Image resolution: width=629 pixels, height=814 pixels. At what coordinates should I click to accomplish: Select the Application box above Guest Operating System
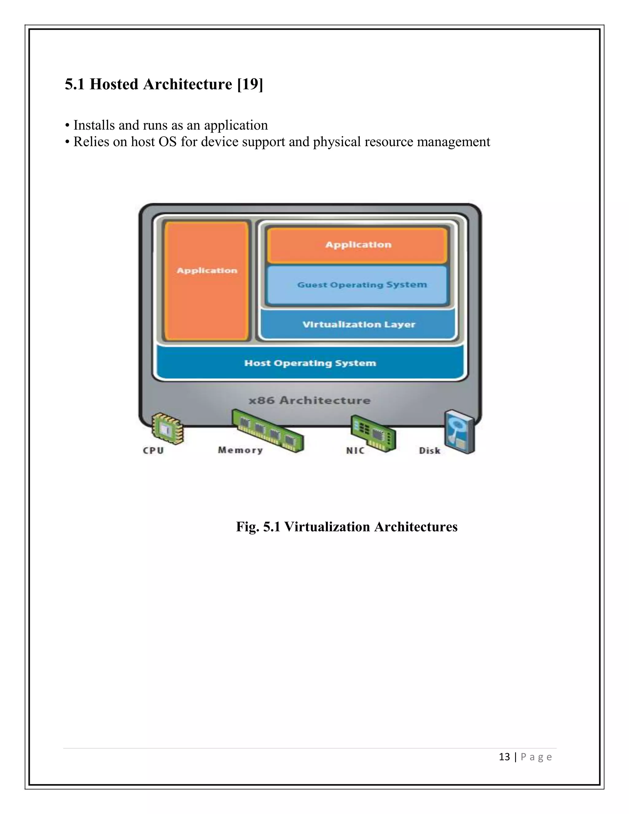[358, 245]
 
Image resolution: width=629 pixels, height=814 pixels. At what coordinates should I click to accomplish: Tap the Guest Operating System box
[358, 285]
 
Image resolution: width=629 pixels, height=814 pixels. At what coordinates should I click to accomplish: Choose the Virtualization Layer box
[358, 324]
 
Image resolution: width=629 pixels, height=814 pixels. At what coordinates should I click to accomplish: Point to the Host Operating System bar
[310, 363]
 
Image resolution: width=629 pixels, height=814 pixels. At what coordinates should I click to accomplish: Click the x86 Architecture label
[310, 401]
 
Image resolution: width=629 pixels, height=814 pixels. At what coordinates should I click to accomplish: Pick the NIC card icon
[373, 433]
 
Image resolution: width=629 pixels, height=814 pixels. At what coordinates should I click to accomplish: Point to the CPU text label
[154, 451]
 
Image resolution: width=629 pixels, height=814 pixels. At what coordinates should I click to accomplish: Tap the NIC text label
[355, 451]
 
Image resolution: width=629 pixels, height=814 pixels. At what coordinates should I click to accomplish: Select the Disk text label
[430, 451]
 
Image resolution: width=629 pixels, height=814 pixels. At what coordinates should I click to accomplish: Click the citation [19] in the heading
[250, 84]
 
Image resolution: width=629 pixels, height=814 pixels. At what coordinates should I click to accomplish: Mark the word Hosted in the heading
[114, 84]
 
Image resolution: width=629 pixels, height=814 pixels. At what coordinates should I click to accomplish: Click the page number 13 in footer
[504, 757]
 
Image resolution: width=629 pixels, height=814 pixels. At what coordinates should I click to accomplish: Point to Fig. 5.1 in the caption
[258, 526]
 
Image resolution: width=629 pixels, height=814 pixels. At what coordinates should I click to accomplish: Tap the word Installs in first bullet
[94, 125]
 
